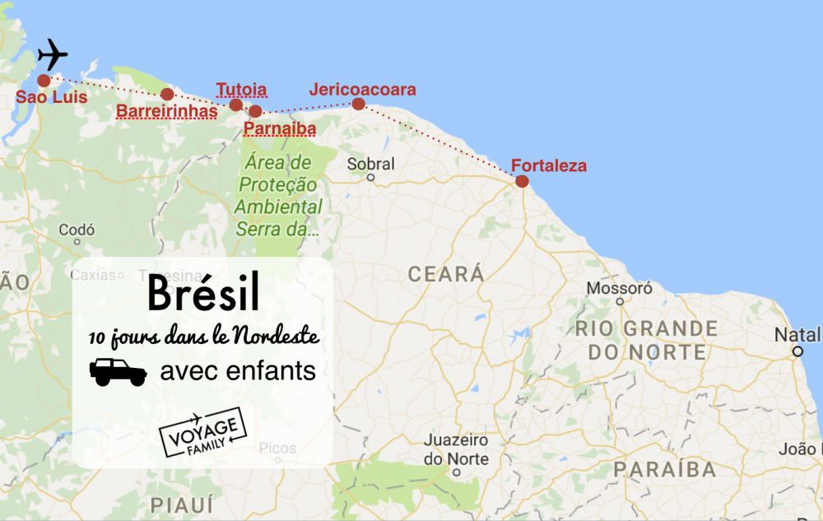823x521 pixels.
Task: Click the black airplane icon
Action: (x=53, y=54)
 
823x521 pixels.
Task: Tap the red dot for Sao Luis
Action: (x=44, y=80)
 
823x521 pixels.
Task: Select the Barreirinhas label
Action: (x=167, y=110)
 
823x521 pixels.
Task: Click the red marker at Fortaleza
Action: (x=522, y=181)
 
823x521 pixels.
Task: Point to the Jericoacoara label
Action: (x=362, y=89)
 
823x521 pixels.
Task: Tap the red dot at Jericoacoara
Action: (x=358, y=104)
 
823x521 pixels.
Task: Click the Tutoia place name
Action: (x=241, y=89)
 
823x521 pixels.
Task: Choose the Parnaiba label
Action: (x=280, y=128)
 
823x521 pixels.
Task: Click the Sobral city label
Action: (x=370, y=164)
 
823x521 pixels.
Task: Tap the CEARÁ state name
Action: (x=445, y=274)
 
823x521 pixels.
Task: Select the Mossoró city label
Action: (x=619, y=288)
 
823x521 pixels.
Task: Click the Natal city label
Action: (x=796, y=335)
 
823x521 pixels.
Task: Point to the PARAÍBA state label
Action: (x=664, y=469)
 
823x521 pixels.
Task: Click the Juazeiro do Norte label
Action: (x=456, y=449)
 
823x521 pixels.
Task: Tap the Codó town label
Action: (x=77, y=230)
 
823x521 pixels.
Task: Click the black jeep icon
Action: (x=118, y=372)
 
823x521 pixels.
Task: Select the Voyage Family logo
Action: (x=202, y=432)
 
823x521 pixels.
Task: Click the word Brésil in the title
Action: (x=203, y=293)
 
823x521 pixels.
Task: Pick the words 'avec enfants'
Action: (x=238, y=371)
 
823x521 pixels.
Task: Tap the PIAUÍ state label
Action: (x=181, y=504)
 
